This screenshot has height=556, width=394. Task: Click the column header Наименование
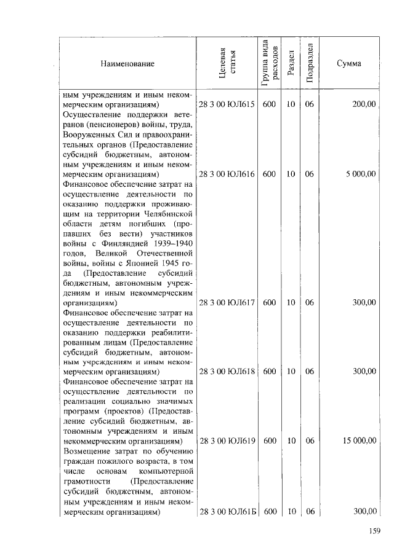[x=128, y=64]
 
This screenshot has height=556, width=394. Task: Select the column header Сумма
[x=348, y=64]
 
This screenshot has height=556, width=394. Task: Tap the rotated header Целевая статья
[x=227, y=63]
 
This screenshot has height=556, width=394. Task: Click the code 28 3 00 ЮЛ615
[x=227, y=105]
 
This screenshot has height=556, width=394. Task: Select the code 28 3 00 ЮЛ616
[x=227, y=174]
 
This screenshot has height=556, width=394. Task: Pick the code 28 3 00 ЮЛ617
[x=227, y=302]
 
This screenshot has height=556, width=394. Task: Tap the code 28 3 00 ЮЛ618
[x=227, y=371]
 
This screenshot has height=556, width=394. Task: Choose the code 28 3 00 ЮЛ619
[x=227, y=440]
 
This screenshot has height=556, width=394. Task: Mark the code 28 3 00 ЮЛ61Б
[x=227, y=512]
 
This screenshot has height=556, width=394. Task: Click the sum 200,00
[x=363, y=105]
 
